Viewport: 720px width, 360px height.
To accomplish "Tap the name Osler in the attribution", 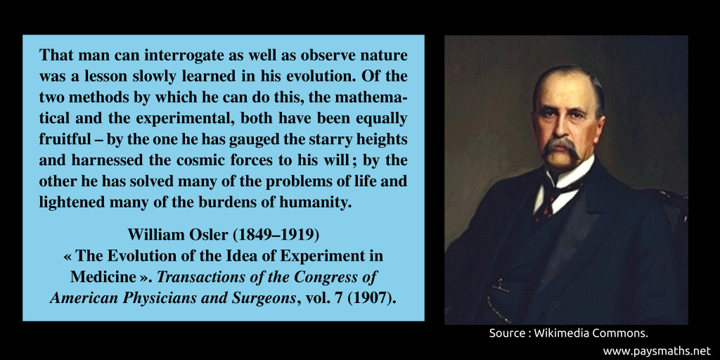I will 207,233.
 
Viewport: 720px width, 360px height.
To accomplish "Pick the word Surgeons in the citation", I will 262,297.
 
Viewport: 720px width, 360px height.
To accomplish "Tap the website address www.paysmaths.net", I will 657,350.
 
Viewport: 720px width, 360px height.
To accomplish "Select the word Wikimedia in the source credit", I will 564,333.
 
